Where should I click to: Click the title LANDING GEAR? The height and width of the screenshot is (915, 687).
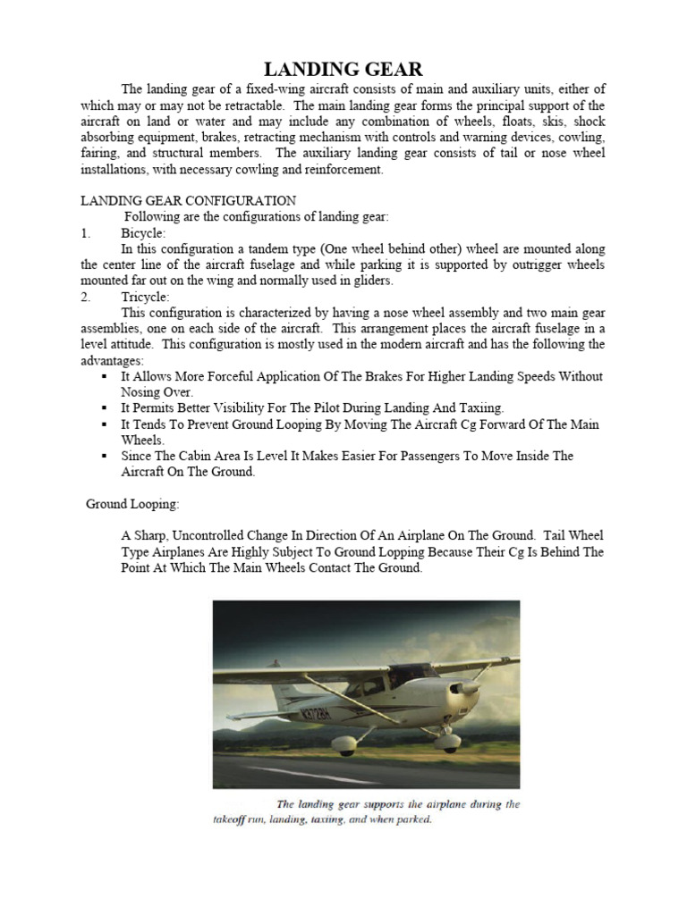343,69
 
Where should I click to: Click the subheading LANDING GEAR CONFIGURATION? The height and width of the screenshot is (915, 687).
189,200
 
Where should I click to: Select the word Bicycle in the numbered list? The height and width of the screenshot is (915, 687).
143,232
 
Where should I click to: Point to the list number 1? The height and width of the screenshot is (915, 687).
85,232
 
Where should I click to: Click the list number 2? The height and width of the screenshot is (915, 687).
85,297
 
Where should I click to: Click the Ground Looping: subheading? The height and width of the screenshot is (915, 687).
132,504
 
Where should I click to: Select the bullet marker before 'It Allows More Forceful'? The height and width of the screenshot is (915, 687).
106,377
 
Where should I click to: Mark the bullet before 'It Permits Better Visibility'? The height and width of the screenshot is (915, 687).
106,408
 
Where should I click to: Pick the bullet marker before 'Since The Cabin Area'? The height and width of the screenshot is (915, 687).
106,457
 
